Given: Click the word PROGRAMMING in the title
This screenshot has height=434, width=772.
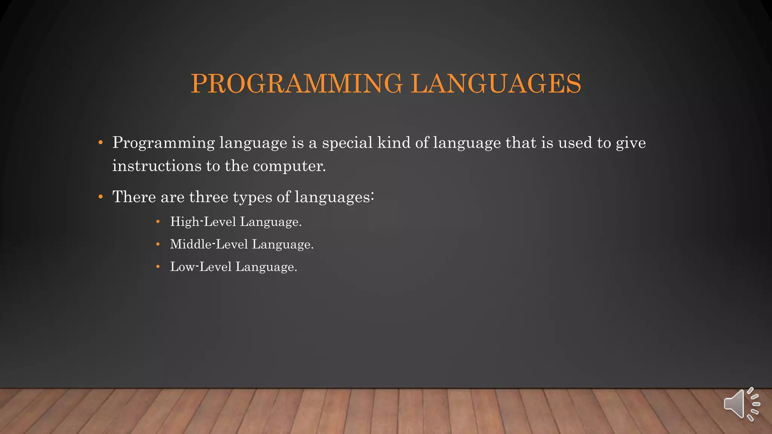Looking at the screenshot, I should point(297,83).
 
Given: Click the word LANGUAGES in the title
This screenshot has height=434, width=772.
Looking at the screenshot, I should point(496,83).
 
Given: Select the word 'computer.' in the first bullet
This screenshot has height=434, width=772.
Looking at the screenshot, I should point(289,166).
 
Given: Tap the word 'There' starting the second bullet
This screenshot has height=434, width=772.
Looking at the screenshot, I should point(134,197).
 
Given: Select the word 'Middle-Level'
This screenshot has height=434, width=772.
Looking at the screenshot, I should point(209,244).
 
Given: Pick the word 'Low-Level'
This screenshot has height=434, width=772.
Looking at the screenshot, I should point(201,267).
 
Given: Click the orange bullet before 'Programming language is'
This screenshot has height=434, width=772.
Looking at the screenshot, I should point(100,143).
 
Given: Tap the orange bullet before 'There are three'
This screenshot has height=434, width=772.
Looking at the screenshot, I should point(100,197).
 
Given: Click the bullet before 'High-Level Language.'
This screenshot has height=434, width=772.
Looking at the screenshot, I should point(158,222).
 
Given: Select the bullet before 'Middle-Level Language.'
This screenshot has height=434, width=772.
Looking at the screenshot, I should point(158,245).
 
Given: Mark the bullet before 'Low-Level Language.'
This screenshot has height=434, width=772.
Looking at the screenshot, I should point(158,267).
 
